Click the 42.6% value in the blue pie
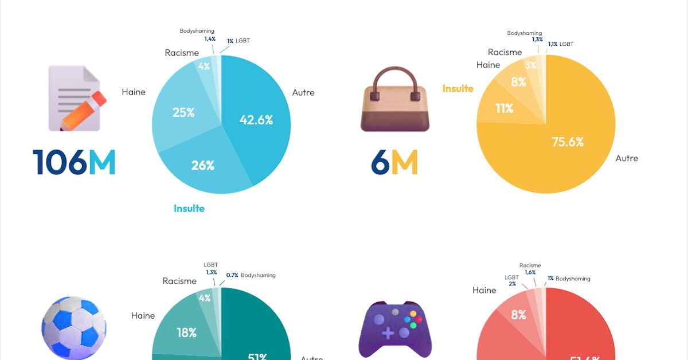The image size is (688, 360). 256,120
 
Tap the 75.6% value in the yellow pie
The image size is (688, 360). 568,142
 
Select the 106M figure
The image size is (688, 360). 74,162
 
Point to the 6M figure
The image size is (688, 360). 394,163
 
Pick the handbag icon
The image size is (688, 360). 394,99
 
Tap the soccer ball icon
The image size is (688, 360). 73,328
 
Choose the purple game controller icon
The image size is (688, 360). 395,330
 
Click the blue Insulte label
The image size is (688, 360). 189,208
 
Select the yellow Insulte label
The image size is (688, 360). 458,88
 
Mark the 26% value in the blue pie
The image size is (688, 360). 202,166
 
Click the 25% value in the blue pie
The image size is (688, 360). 183,112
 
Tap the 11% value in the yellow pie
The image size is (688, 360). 505,107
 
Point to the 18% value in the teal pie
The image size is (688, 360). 186,332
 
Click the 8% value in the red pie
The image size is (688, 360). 518,314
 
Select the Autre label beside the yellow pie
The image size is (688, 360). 626,158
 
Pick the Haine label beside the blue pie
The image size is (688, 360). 134,92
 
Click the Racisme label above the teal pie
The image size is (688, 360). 179,281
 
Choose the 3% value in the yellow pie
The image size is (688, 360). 531,65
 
